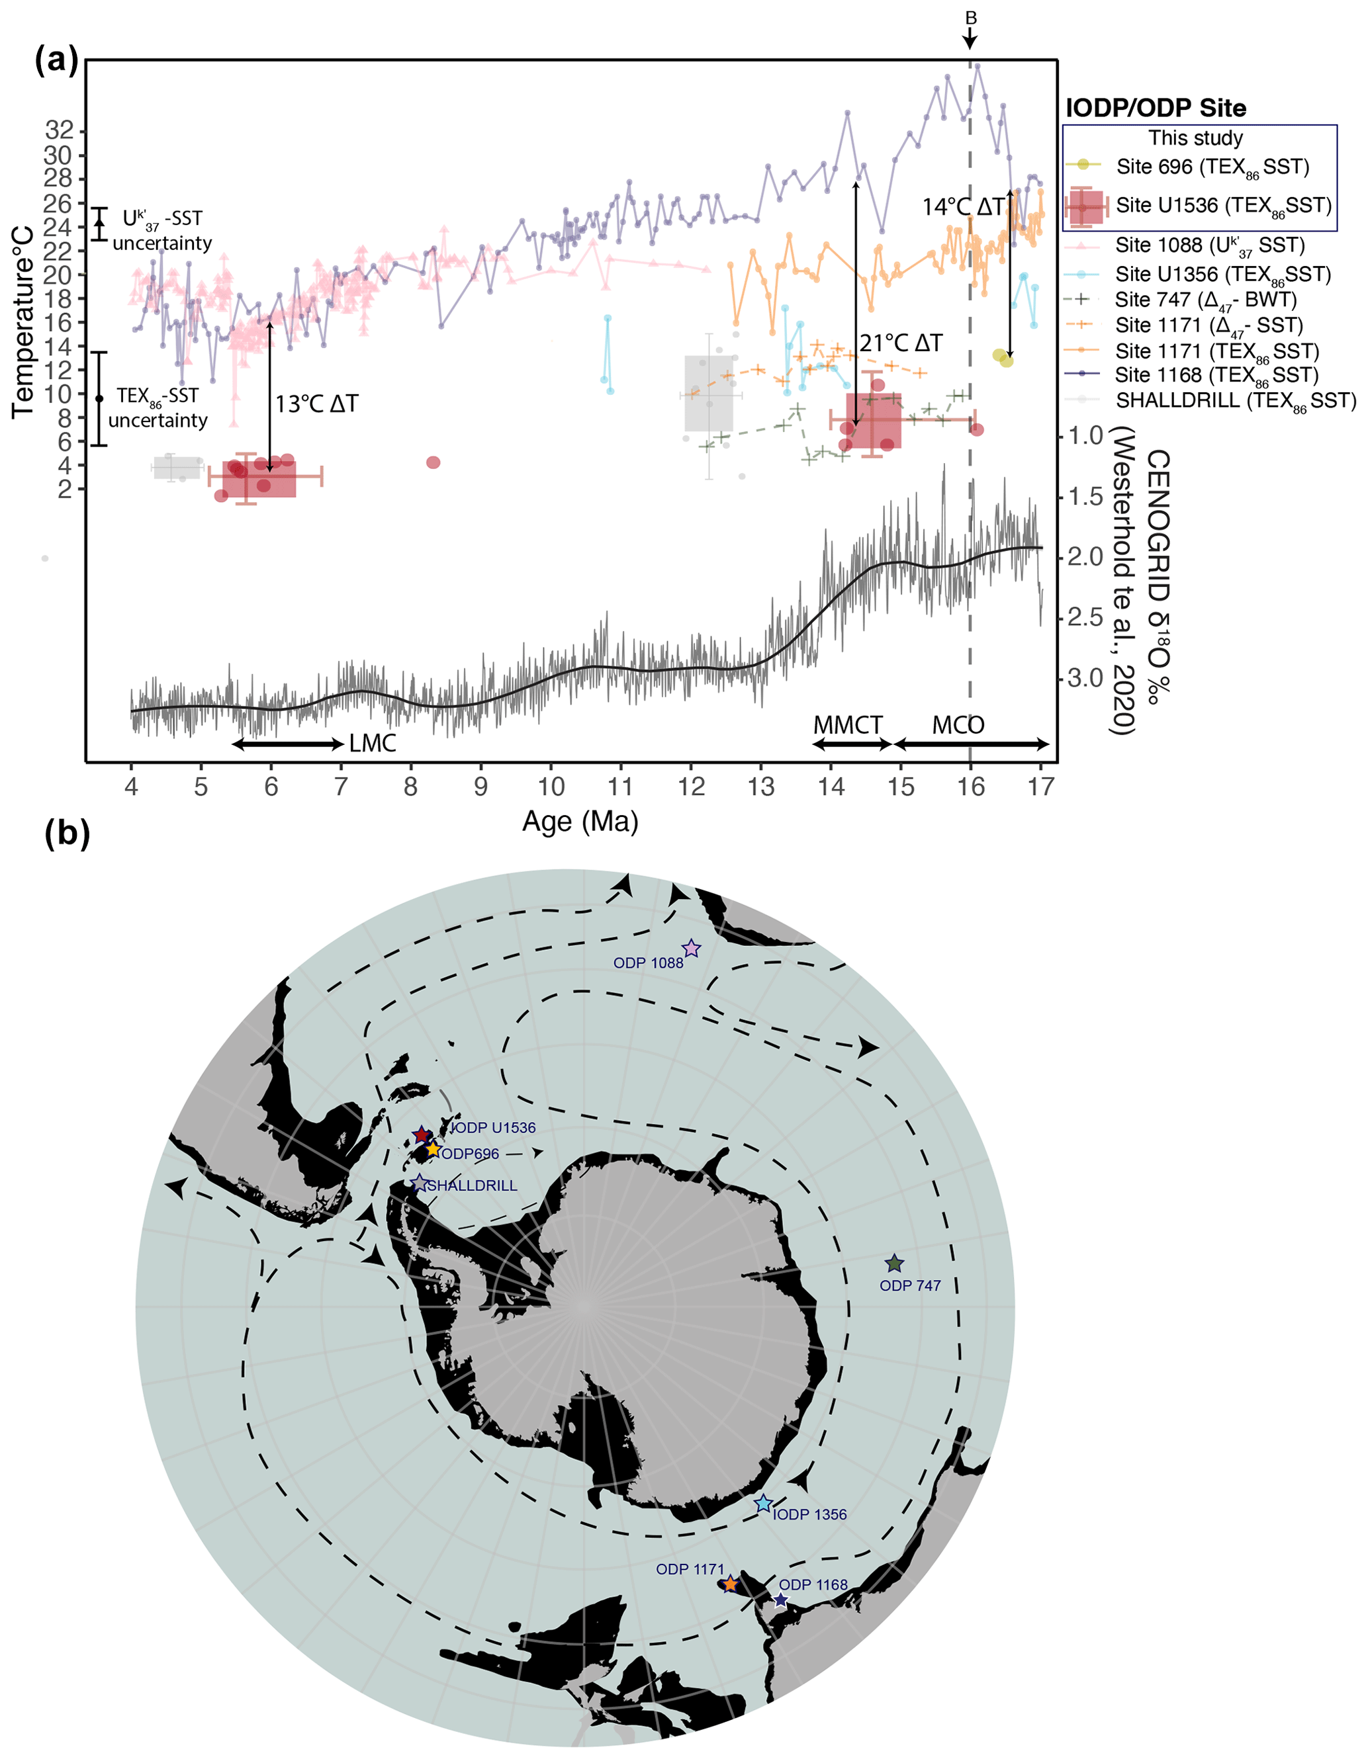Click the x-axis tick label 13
coord(760,786)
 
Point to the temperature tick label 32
coord(58,130)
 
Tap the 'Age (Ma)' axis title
coord(580,822)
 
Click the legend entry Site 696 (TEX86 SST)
coord(1212,167)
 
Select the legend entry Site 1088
coord(1209,245)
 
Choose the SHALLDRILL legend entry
coord(1235,400)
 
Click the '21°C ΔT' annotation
coord(901,344)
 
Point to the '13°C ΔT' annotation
coord(316,404)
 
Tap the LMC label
coord(372,743)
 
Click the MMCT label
coord(848,725)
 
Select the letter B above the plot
coord(971,18)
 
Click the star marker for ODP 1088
coord(691,949)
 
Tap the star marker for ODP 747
coord(894,1264)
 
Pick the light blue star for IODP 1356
coord(763,1504)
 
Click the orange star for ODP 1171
coord(730,1584)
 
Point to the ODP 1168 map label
coord(813,1584)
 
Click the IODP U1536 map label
coord(493,1127)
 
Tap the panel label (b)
coord(67,834)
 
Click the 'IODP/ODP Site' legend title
coord(1156,108)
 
